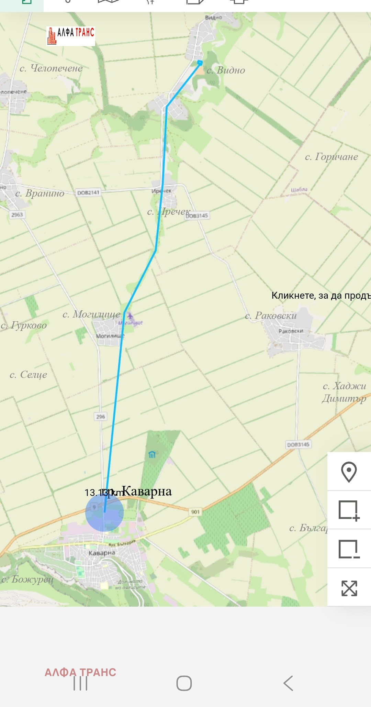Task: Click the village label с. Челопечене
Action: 51,68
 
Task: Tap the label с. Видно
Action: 226,70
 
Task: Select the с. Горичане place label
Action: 331,157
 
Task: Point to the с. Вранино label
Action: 40,193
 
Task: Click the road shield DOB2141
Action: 88,192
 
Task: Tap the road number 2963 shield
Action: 17,214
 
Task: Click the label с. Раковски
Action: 271,316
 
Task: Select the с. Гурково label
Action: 24,325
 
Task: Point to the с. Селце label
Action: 29,374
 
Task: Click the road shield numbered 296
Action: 100,417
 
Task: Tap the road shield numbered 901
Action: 195,512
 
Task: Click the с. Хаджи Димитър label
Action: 344,392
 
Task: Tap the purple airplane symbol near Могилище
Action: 130,316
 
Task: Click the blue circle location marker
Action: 104,512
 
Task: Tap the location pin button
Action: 349,472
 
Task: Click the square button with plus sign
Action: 349,510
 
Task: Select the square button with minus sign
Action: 349,549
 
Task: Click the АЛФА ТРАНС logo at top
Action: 71,36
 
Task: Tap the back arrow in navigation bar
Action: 288,683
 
